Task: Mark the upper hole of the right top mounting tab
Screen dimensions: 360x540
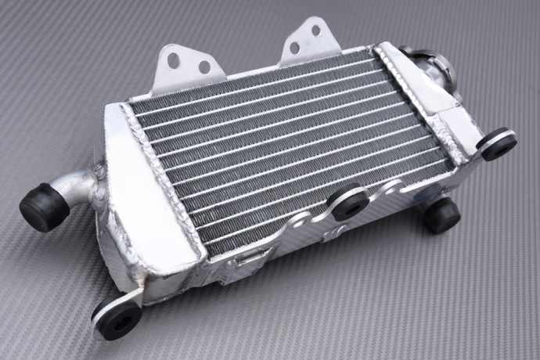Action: [x=315, y=30]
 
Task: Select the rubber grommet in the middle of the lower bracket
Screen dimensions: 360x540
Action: [x=349, y=202]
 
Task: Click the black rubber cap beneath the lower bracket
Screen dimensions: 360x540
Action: [x=442, y=214]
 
